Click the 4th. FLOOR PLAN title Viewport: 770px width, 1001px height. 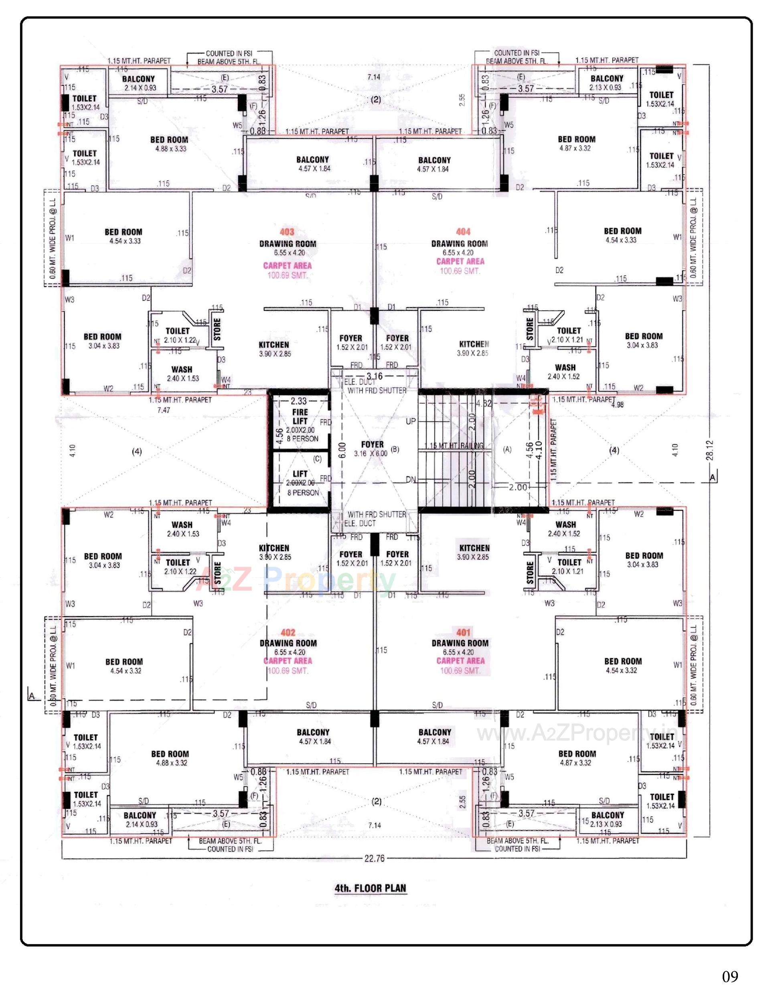point(370,888)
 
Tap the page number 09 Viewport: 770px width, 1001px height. point(729,976)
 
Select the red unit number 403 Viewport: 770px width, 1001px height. point(287,232)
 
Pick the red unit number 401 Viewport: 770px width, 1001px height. point(463,632)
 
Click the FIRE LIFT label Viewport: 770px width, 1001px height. point(300,417)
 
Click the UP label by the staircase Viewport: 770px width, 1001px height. point(410,421)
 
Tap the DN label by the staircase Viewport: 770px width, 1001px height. point(411,480)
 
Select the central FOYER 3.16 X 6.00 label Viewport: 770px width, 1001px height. point(372,449)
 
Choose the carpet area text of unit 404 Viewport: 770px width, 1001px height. point(460,266)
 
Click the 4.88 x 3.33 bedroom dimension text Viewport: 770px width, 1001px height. point(170,148)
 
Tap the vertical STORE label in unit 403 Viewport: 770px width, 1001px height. point(217,330)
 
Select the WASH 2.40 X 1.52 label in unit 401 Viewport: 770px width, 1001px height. point(565,529)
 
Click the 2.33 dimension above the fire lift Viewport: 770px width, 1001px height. point(298,401)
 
